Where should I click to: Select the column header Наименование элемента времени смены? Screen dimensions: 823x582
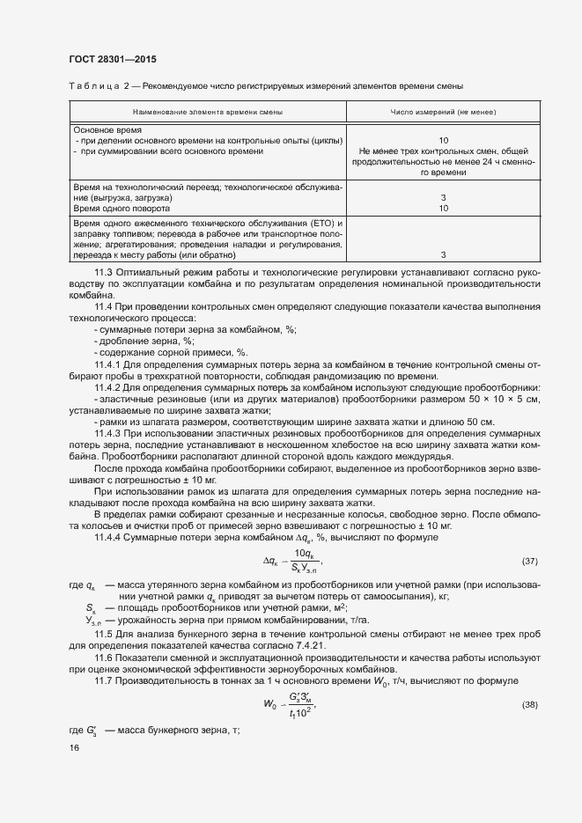click(x=208, y=113)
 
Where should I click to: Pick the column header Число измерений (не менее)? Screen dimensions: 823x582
click(x=443, y=113)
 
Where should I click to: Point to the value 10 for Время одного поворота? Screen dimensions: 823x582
click(x=443, y=209)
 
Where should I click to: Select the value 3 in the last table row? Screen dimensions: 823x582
click(x=443, y=254)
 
